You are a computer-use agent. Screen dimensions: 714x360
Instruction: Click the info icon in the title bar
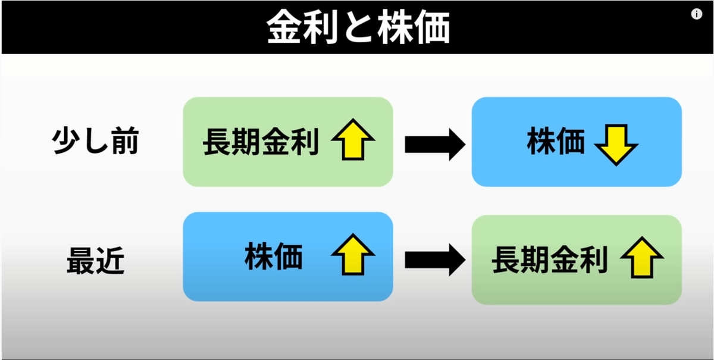(697, 14)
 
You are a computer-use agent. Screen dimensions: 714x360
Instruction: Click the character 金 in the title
(284, 26)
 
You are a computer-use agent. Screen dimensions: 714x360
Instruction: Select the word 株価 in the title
(414, 26)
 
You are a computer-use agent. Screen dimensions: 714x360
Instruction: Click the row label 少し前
(95, 140)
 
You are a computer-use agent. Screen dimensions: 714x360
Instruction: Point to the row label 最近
(95, 261)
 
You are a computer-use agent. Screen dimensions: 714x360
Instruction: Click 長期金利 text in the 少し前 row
(261, 142)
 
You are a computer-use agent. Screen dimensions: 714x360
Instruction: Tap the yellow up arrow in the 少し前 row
(353, 139)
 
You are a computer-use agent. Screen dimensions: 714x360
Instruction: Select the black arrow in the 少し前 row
(435, 145)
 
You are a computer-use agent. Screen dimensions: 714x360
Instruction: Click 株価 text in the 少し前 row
(556, 140)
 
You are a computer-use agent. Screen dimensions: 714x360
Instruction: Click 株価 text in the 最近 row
(274, 256)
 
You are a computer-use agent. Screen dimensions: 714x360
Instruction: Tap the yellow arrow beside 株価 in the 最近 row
(353, 255)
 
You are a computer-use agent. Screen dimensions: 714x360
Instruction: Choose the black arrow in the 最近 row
(435, 260)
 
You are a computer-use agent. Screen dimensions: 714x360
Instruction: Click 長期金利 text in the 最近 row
(550, 259)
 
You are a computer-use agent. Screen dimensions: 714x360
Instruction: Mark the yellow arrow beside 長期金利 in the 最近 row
(641, 257)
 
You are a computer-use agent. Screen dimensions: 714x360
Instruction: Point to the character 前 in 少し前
(125, 140)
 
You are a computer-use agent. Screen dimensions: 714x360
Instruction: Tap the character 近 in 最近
(110, 261)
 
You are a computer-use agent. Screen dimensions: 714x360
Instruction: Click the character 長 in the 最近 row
(506, 259)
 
